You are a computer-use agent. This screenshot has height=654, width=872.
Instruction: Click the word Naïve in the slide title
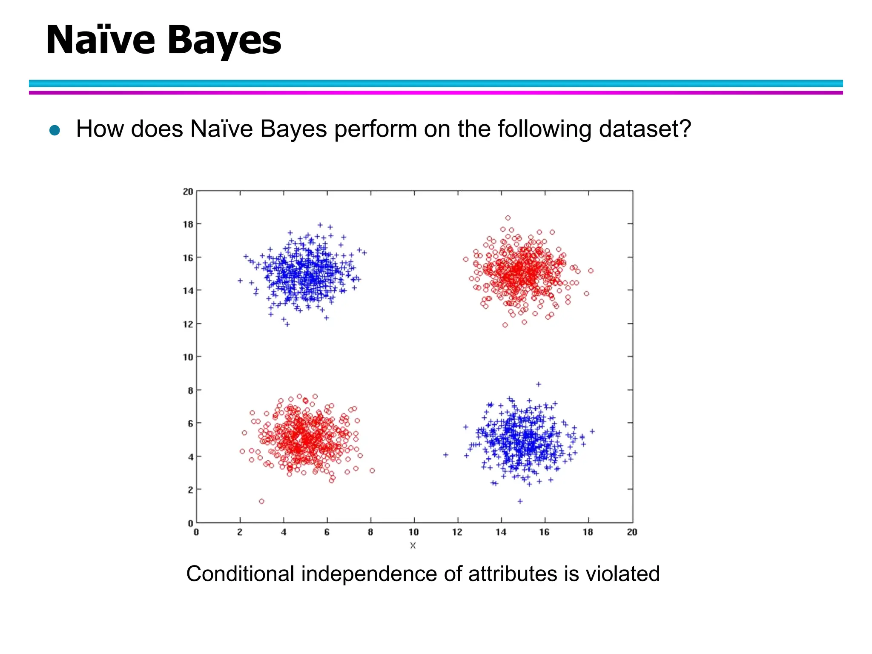pos(100,40)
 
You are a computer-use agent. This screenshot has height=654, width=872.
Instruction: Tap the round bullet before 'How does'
pos(54,130)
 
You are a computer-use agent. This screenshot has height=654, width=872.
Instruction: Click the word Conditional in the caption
pos(240,574)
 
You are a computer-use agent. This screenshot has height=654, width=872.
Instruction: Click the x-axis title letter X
pos(413,545)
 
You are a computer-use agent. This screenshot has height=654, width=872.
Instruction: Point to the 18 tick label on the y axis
pos(188,224)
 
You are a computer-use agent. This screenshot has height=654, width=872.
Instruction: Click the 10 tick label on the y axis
pos(188,357)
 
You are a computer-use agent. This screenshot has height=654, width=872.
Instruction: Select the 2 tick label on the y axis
pos(190,490)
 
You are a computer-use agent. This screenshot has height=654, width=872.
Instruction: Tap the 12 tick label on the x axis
pos(457,532)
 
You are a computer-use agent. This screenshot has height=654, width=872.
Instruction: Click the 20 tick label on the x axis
pos(632,532)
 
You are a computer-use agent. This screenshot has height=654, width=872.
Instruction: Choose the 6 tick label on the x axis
pos(327,532)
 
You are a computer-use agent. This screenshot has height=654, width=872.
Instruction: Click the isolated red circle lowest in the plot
pos(261,501)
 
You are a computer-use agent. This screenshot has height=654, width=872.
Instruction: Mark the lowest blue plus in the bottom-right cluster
pos(520,501)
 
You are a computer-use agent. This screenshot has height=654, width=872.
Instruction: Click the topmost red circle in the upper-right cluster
pos(508,218)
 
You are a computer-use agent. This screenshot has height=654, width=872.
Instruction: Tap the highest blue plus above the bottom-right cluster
pos(539,384)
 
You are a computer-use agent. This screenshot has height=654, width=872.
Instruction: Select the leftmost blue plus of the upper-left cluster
pos(240,281)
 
